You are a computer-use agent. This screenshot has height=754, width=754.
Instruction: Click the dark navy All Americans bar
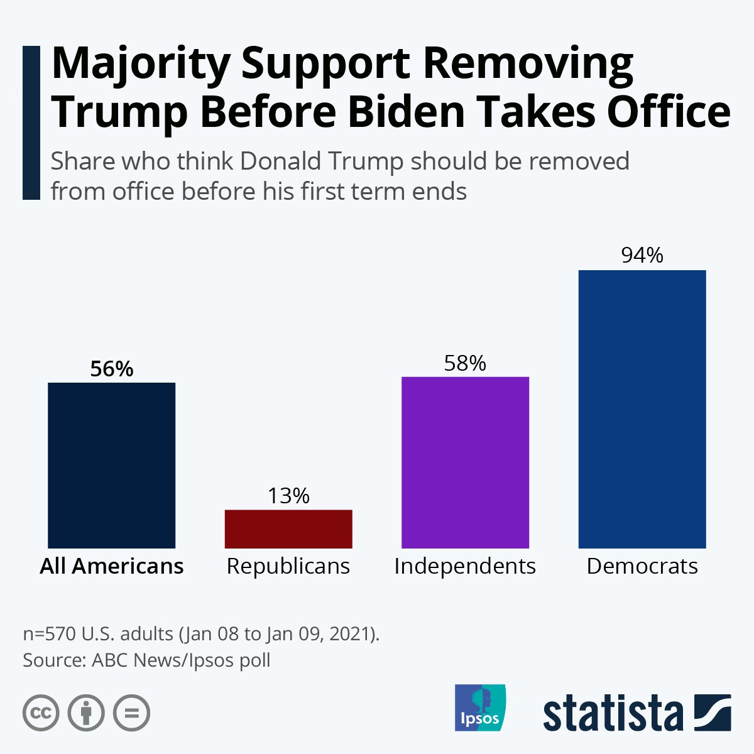pos(111,465)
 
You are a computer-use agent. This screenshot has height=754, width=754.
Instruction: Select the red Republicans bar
pos(288,528)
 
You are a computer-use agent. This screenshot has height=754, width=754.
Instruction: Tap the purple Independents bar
pos(465,462)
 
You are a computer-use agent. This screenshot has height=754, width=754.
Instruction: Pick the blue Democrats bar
pos(642,409)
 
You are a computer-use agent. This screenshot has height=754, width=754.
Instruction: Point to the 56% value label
pos(112,369)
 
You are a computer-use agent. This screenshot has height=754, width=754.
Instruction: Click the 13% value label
pos(288,496)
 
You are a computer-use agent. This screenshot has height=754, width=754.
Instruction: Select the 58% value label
pos(465,363)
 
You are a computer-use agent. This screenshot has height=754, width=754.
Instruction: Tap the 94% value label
pos(642,255)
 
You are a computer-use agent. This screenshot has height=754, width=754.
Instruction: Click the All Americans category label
pos(112,566)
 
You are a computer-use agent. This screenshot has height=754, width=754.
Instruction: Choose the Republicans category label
pos(288,566)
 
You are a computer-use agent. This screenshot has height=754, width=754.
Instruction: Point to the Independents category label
pos(465,566)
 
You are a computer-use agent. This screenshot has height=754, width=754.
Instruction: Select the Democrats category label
pos(642,566)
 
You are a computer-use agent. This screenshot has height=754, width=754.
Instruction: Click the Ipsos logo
pos(480,708)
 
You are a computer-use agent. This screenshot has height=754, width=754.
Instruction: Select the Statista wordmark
pos(613,713)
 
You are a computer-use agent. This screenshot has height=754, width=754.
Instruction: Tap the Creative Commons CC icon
pos(41,713)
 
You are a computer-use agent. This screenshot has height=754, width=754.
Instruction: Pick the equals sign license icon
pos(131,713)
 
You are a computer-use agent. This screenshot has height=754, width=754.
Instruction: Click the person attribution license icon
pos(86,713)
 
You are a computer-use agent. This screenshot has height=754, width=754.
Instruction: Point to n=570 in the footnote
pos(50,633)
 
